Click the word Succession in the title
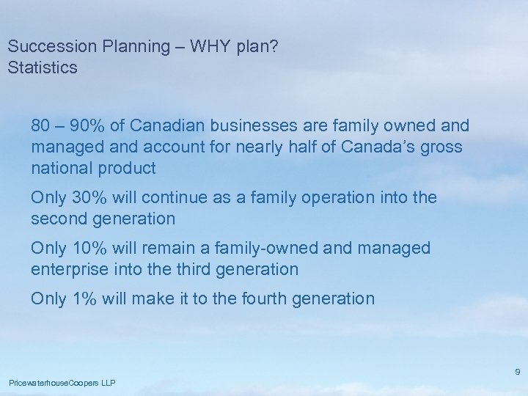43,46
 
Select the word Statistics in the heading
42,68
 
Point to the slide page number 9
518,372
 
